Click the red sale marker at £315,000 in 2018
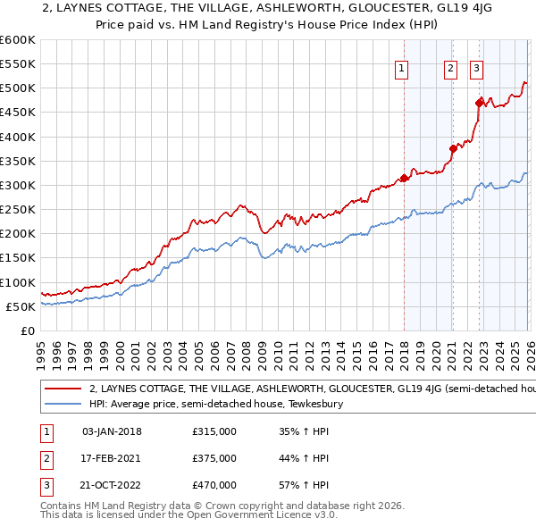click(404, 178)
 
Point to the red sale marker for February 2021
click(453, 149)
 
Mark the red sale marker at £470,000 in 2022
click(480, 103)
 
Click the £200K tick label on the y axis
click(18, 234)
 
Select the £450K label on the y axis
click(18, 113)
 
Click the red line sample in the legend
click(63, 389)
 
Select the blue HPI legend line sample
click(63, 404)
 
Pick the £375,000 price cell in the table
click(214, 458)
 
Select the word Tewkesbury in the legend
click(314, 404)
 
